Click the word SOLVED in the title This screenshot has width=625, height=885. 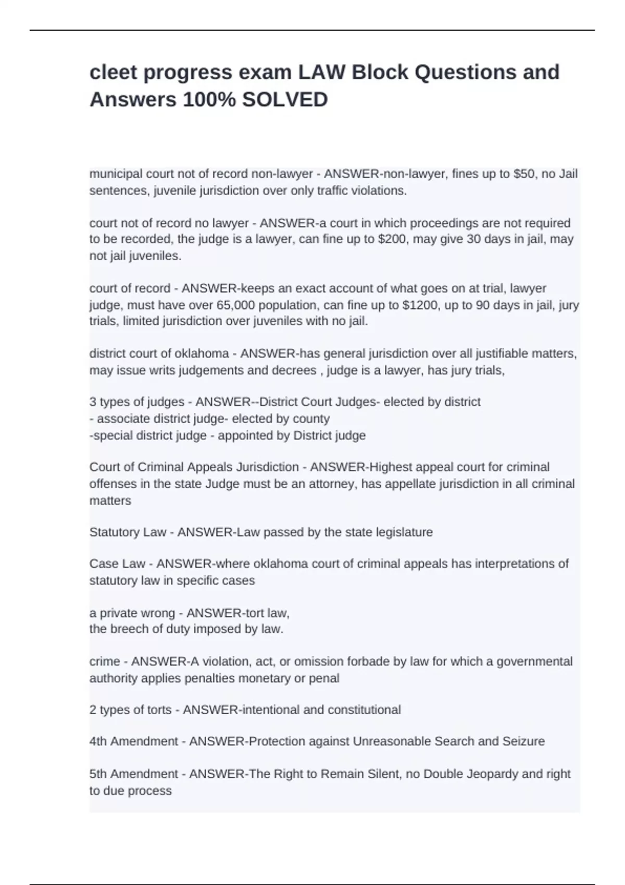pyautogui.click(x=285, y=99)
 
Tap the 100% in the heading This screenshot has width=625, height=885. pyautogui.click(x=209, y=99)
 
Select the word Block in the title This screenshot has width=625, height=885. pyautogui.click(x=380, y=72)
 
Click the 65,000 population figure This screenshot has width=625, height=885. pyautogui.click(x=235, y=305)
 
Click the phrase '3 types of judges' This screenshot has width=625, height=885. pyautogui.click(x=136, y=402)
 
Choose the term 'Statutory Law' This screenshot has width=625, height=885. pyautogui.click(x=128, y=532)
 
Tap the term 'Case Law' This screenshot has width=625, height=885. pyautogui.click(x=117, y=564)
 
